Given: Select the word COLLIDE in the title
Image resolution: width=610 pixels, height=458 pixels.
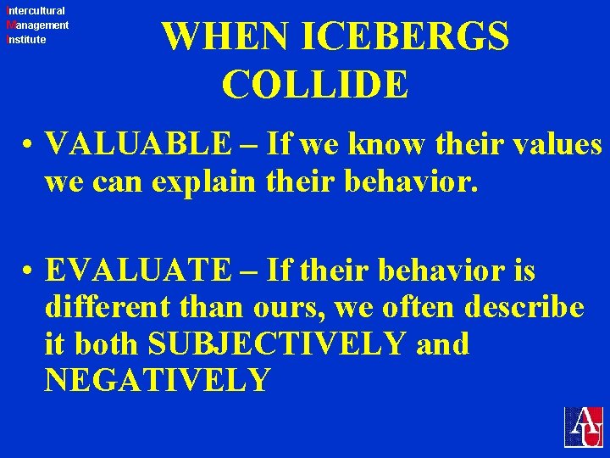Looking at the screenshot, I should (x=315, y=84).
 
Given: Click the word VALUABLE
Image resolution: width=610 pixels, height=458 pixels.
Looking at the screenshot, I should (x=136, y=145).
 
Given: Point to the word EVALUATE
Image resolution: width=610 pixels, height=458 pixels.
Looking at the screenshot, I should (x=136, y=271).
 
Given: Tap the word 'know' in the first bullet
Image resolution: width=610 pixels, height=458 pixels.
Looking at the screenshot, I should (x=387, y=145).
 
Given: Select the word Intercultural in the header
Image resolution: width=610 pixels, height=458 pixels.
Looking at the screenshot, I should (x=36, y=11).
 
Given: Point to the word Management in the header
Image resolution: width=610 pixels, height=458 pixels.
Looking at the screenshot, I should (x=37, y=25).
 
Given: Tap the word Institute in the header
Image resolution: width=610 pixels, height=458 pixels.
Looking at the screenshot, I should (x=26, y=40).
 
